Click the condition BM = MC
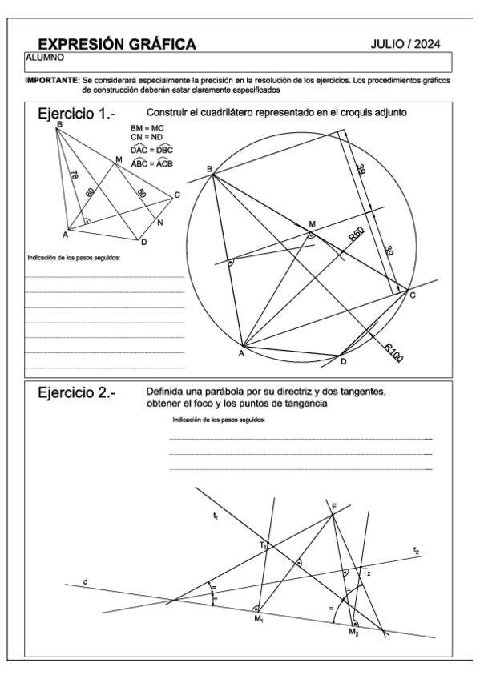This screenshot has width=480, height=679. (x=147, y=128)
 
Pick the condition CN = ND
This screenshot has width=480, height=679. (x=147, y=138)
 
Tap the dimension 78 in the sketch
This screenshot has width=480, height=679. (x=73, y=175)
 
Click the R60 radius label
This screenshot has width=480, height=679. (x=357, y=235)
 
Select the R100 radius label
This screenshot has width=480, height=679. (x=393, y=353)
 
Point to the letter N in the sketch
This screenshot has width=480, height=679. (x=160, y=223)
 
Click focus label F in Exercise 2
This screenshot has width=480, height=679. (x=334, y=506)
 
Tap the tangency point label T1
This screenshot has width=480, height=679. (x=263, y=544)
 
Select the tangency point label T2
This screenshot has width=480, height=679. (x=366, y=573)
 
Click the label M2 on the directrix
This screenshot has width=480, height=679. (x=353, y=633)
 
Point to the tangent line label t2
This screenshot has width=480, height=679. (x=416, y=550)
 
